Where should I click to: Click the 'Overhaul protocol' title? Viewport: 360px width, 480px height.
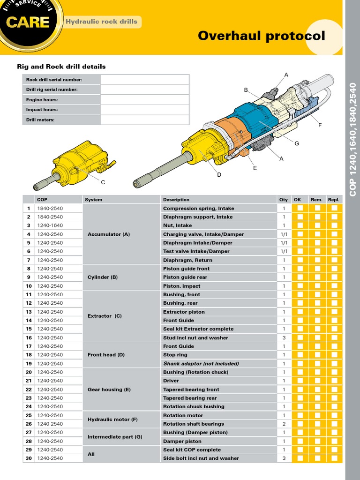click(261, 36)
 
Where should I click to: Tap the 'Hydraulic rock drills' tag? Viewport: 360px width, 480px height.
click(101, 22)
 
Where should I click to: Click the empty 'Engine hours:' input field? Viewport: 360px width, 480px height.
click(144, 100)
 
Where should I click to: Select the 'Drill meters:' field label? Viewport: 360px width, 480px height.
click(40, 120)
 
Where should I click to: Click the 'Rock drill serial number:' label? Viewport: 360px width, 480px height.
click(54, 80)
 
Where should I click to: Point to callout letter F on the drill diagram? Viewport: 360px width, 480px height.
click(320, 125)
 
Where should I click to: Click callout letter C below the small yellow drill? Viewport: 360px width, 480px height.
click(103, 182)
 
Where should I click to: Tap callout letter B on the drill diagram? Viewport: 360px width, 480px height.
click(246, 90)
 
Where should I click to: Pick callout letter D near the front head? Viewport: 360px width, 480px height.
click(219, 175)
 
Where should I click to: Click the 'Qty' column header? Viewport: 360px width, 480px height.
click(284, 200)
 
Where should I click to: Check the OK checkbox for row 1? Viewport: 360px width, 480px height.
click(300, 208)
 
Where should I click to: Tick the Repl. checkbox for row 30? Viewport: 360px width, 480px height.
click(334, 458)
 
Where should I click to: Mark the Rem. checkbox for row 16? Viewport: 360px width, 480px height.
click(317, 337)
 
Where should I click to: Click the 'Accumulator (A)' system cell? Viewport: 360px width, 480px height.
click(109, 234)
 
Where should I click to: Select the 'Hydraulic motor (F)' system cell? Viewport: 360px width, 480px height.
click(112, 420)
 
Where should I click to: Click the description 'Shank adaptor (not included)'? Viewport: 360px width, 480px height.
click(201, 364)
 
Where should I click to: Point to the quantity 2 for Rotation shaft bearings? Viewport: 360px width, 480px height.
click(284, 424)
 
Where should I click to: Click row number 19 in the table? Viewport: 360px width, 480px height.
click(29, 364)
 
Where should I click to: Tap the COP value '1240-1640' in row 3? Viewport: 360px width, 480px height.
click(50, 225)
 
